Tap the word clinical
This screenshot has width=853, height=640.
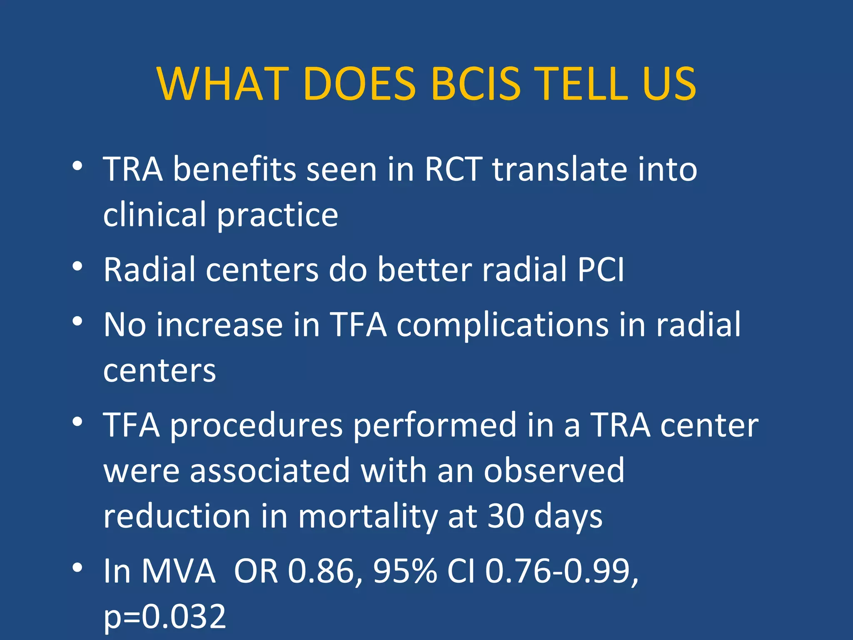pos(155,214)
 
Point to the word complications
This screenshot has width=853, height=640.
pos(502,325)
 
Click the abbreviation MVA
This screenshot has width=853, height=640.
pos(178,571)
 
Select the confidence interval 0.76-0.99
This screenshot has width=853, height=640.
pos(561,571)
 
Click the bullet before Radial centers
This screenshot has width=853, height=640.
pos(77,266)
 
